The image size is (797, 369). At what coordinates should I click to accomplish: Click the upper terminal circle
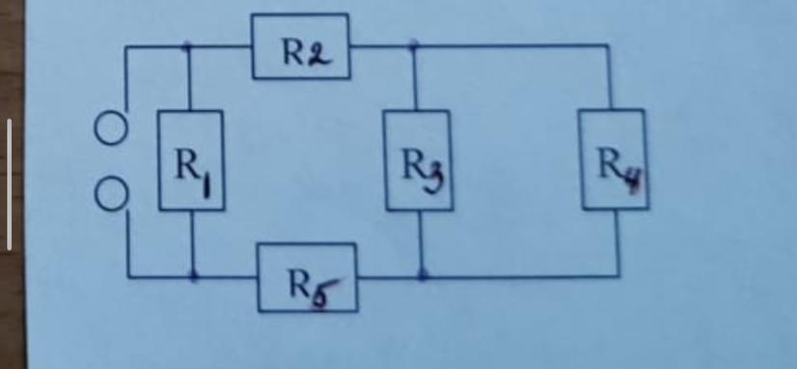click(x=110, y=128)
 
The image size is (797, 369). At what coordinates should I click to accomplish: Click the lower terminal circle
click(x=111, y=195)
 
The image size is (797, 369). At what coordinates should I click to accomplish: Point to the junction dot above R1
click(x=187, y=45)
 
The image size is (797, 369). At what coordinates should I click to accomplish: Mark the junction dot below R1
click(x=193, y=277)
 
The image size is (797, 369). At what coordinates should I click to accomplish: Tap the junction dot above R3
click(x=413, y=45)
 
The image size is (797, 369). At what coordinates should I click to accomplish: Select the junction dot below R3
click(x=422, y=276)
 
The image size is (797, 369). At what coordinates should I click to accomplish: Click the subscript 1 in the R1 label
click(x=206, y=184)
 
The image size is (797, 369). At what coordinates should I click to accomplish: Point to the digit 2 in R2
click(x=319, y=55)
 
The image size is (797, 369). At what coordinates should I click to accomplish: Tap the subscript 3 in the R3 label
click(x=436, y=179)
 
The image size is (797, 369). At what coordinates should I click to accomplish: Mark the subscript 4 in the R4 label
click(x=636, y=178)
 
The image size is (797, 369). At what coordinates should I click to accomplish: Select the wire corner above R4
click(x=608, y=45)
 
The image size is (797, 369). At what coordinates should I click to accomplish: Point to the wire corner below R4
click(x=618, y=276)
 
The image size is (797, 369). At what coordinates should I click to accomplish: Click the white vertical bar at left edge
click(x=9, y=184)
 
